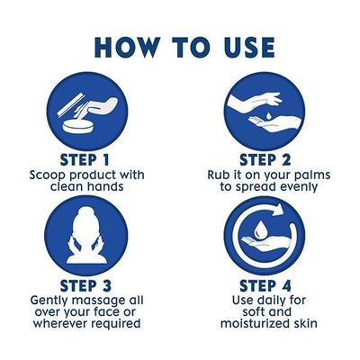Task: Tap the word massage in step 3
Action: (x=111, y=302)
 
